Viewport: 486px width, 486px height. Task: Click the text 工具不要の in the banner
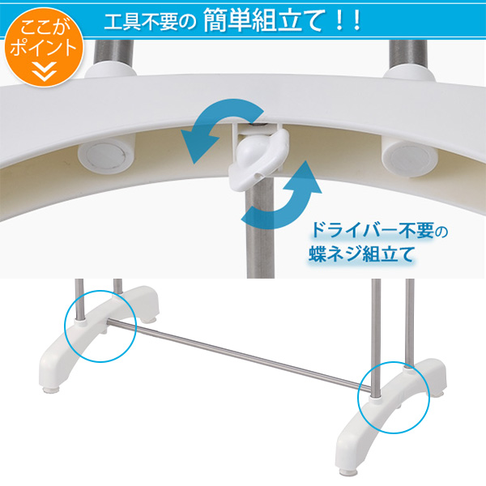tap(154, 19)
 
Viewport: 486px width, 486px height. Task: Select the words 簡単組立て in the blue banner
tap(262, 19)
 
